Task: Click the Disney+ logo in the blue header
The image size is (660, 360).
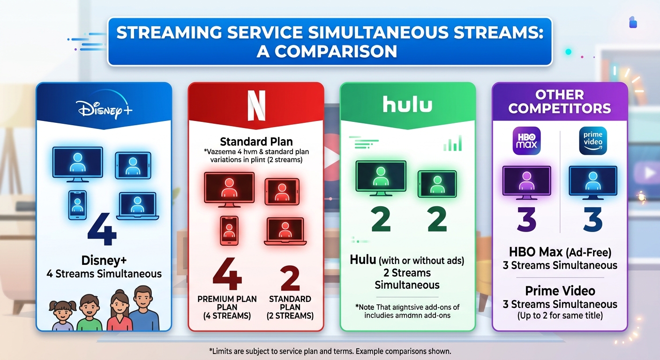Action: [104, 107]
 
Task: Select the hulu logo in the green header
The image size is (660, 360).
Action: [407, 105]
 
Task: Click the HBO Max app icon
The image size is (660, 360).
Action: [526, 141]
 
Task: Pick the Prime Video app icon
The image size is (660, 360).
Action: [593, 141]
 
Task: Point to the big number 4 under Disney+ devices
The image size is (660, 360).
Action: [102, 230]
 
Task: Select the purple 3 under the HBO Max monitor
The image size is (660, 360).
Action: [526, 220]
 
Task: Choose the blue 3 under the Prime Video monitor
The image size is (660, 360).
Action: [593, 220]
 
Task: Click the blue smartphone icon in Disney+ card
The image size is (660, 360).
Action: [77, 204]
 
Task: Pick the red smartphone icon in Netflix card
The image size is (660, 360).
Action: [229, 231]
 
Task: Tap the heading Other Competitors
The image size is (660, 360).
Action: [560, 102]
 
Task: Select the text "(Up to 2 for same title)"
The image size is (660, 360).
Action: [560, 315]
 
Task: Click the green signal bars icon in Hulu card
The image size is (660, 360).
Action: [452, 143]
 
